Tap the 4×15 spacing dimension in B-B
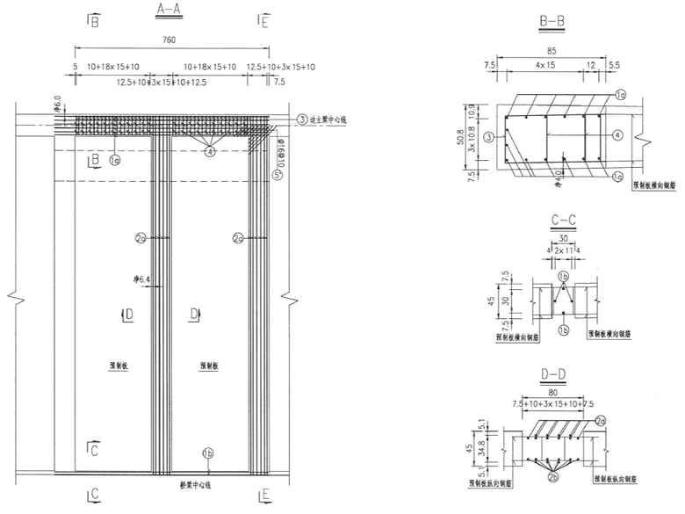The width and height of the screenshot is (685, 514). tap(544, 65)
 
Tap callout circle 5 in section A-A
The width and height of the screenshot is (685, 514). tap(278, 175)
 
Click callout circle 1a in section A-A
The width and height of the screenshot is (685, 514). tap(115, 160)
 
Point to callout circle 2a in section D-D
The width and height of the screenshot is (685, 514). tap(600, 422)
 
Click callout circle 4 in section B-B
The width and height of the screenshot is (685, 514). tap(617, 135)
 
